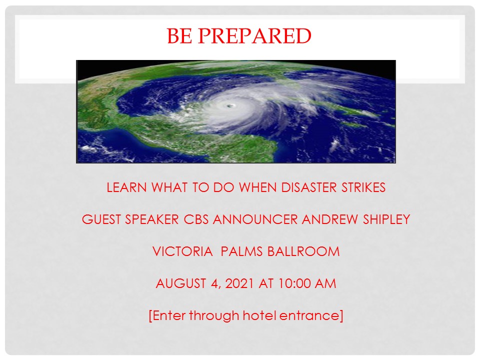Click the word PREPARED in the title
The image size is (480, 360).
click(254, 36)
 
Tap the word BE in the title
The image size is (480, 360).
click(179, 36)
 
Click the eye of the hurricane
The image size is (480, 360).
click(229, 106)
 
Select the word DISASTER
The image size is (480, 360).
click(308, 187)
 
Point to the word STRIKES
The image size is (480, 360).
click(363, 187)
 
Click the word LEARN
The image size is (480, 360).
click(126, 187)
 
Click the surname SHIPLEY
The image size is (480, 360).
click(386, 219)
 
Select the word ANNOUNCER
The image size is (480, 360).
click(255, 219)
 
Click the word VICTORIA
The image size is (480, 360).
click(182, 251)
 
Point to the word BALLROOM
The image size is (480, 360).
click(303, 251)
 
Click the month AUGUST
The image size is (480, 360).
click(180, 283)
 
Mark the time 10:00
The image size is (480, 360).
click(294, 283)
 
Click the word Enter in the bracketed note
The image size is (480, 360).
click(169, 315)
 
